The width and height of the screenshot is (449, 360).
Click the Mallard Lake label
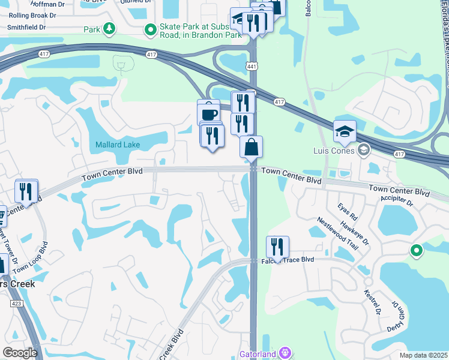pos(118,145)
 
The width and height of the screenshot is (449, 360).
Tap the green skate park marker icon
pos(149,29)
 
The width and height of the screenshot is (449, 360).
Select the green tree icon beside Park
pos(109,29)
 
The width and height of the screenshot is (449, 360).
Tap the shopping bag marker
pos(251,146)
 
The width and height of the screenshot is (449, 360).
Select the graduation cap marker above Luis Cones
pos(345,131)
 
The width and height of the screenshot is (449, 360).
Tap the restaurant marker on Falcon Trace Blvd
pos(277,246)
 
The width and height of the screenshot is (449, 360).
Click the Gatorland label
pos(258,354)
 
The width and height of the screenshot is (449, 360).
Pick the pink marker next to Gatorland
pos(285,354)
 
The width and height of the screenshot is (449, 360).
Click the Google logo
pos(20,353)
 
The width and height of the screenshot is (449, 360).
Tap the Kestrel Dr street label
pos(373,302)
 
